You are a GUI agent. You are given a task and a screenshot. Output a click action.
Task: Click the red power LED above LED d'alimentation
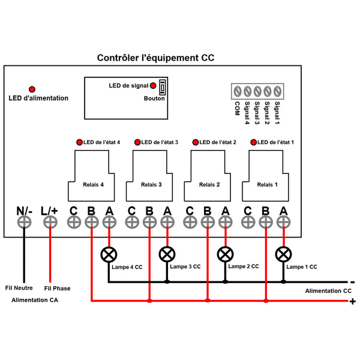32,89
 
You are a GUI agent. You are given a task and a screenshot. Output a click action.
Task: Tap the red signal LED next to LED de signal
153,86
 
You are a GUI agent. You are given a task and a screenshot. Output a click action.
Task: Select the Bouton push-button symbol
163,87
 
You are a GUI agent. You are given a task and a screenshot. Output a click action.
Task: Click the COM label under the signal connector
237,109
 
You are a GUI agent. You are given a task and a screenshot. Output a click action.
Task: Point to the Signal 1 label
277,113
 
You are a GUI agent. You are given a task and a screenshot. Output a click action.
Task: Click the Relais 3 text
151,185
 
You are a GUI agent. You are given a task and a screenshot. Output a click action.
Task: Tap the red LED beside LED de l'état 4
79,142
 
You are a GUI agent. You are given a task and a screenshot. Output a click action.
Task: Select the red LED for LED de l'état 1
253,142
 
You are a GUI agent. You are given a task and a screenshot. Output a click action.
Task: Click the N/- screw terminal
24,222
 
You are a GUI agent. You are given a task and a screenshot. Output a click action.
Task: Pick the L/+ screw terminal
50,222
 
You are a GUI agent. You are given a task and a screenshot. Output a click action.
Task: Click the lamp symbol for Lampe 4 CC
109,254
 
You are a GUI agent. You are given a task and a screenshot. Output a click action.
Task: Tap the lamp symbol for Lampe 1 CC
283,254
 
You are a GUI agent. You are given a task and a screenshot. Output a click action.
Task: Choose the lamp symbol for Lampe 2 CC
225,254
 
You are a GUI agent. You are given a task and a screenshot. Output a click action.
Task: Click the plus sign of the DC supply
353,301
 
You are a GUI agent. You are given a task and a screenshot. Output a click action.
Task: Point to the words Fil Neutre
19,288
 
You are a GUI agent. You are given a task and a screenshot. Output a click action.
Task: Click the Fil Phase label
57,289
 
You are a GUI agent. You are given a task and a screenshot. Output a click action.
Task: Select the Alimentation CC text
328,291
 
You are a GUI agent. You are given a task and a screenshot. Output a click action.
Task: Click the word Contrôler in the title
118,58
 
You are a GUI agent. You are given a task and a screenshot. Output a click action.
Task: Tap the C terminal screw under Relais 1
248,222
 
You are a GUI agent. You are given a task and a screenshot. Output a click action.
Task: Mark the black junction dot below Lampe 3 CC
167,282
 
